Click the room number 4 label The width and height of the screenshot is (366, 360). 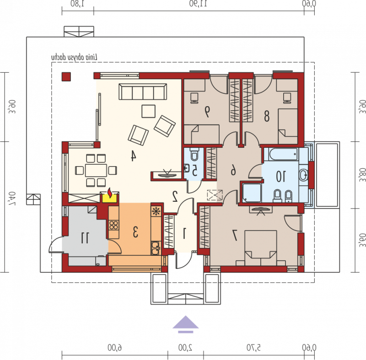(x=133, y=156)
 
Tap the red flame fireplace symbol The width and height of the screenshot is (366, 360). (x=109, y=193)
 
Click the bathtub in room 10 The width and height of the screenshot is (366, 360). (x=283, y=154)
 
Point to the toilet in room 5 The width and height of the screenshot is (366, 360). (x=194, y=154)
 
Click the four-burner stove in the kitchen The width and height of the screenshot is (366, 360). (x=113, y=226)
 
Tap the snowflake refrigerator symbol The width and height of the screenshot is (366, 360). (x=156, y=211)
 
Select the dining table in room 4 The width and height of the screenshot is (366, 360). (x=96, y=170)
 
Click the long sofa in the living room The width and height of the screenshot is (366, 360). (x=143, y=91)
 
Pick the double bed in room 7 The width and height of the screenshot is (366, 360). (x=261, y=248)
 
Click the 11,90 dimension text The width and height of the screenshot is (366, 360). (x=198, y=4)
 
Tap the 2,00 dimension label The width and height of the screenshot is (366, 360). (x=185, y=348)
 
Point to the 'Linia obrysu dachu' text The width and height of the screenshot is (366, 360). (x=74, y=57)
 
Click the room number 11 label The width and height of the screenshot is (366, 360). (x=85, y=238)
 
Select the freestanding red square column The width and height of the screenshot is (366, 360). (x=66, y=77)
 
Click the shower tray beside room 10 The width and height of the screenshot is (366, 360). (x=252, y=193)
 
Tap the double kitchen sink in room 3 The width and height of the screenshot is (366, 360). (x=155, y=248)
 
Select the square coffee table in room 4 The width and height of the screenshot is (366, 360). (x=148, y=111)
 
